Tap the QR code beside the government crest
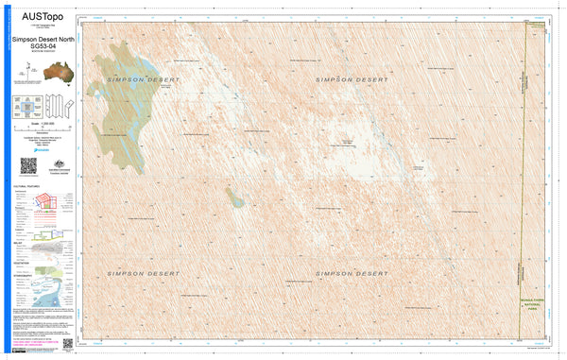pos(27,165)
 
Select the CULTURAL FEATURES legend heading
pos(26,187)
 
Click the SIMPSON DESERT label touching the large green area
pos(138,80)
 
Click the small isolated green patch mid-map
pos(234,197)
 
